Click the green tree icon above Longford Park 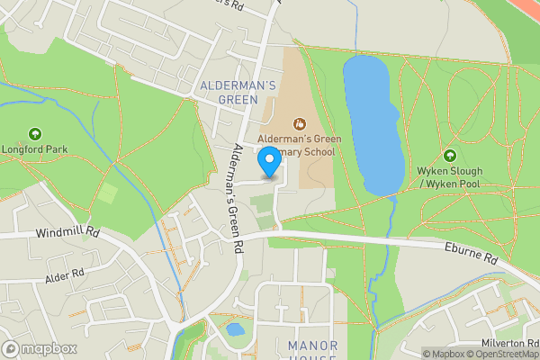35,134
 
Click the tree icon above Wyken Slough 449,155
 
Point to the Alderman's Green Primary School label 296,146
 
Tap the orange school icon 298,124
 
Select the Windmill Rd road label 67,233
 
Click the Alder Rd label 64,271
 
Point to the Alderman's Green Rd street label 235,197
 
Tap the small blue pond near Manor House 235,329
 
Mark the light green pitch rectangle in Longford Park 107,193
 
